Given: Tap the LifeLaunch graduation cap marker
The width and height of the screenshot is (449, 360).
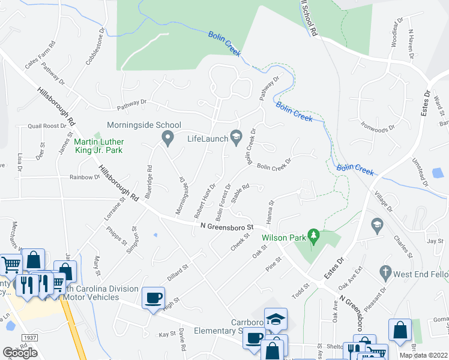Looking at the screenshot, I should pos(236,139).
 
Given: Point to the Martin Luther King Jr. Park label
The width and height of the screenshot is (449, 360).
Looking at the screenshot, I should pos(98,146).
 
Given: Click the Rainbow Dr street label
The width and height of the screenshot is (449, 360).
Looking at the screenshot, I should pos(85,177).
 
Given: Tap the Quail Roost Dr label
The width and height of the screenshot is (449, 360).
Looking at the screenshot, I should pos(47,126).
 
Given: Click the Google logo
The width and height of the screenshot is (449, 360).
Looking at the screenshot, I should pos(20,353).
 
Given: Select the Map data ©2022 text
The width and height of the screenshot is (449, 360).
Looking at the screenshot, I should pos(424,355).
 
